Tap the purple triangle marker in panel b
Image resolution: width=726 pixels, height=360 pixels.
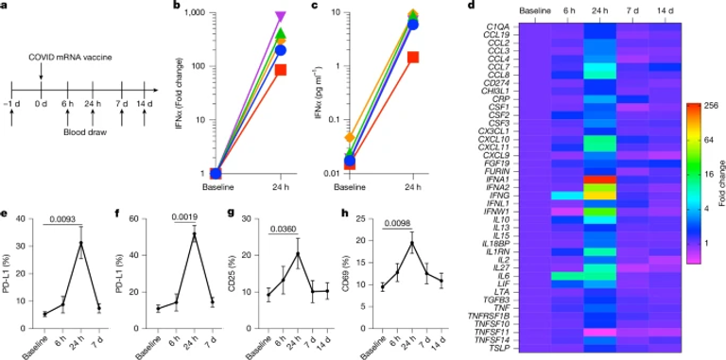[x=281, y=17]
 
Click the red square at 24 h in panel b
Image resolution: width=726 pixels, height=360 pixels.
[x=281, y=70]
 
